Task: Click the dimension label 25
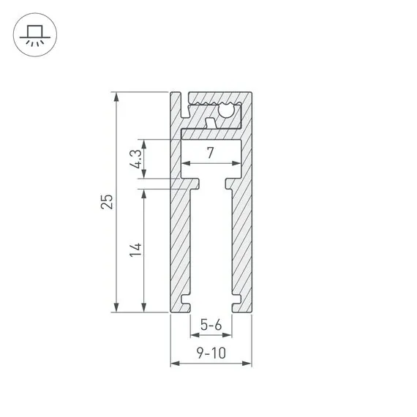point(108,202)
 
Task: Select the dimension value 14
point(135,249)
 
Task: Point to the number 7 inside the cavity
point(211,153)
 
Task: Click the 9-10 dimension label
point(211,353)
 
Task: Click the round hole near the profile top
point(228,112)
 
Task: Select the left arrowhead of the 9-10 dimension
point(174,364)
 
